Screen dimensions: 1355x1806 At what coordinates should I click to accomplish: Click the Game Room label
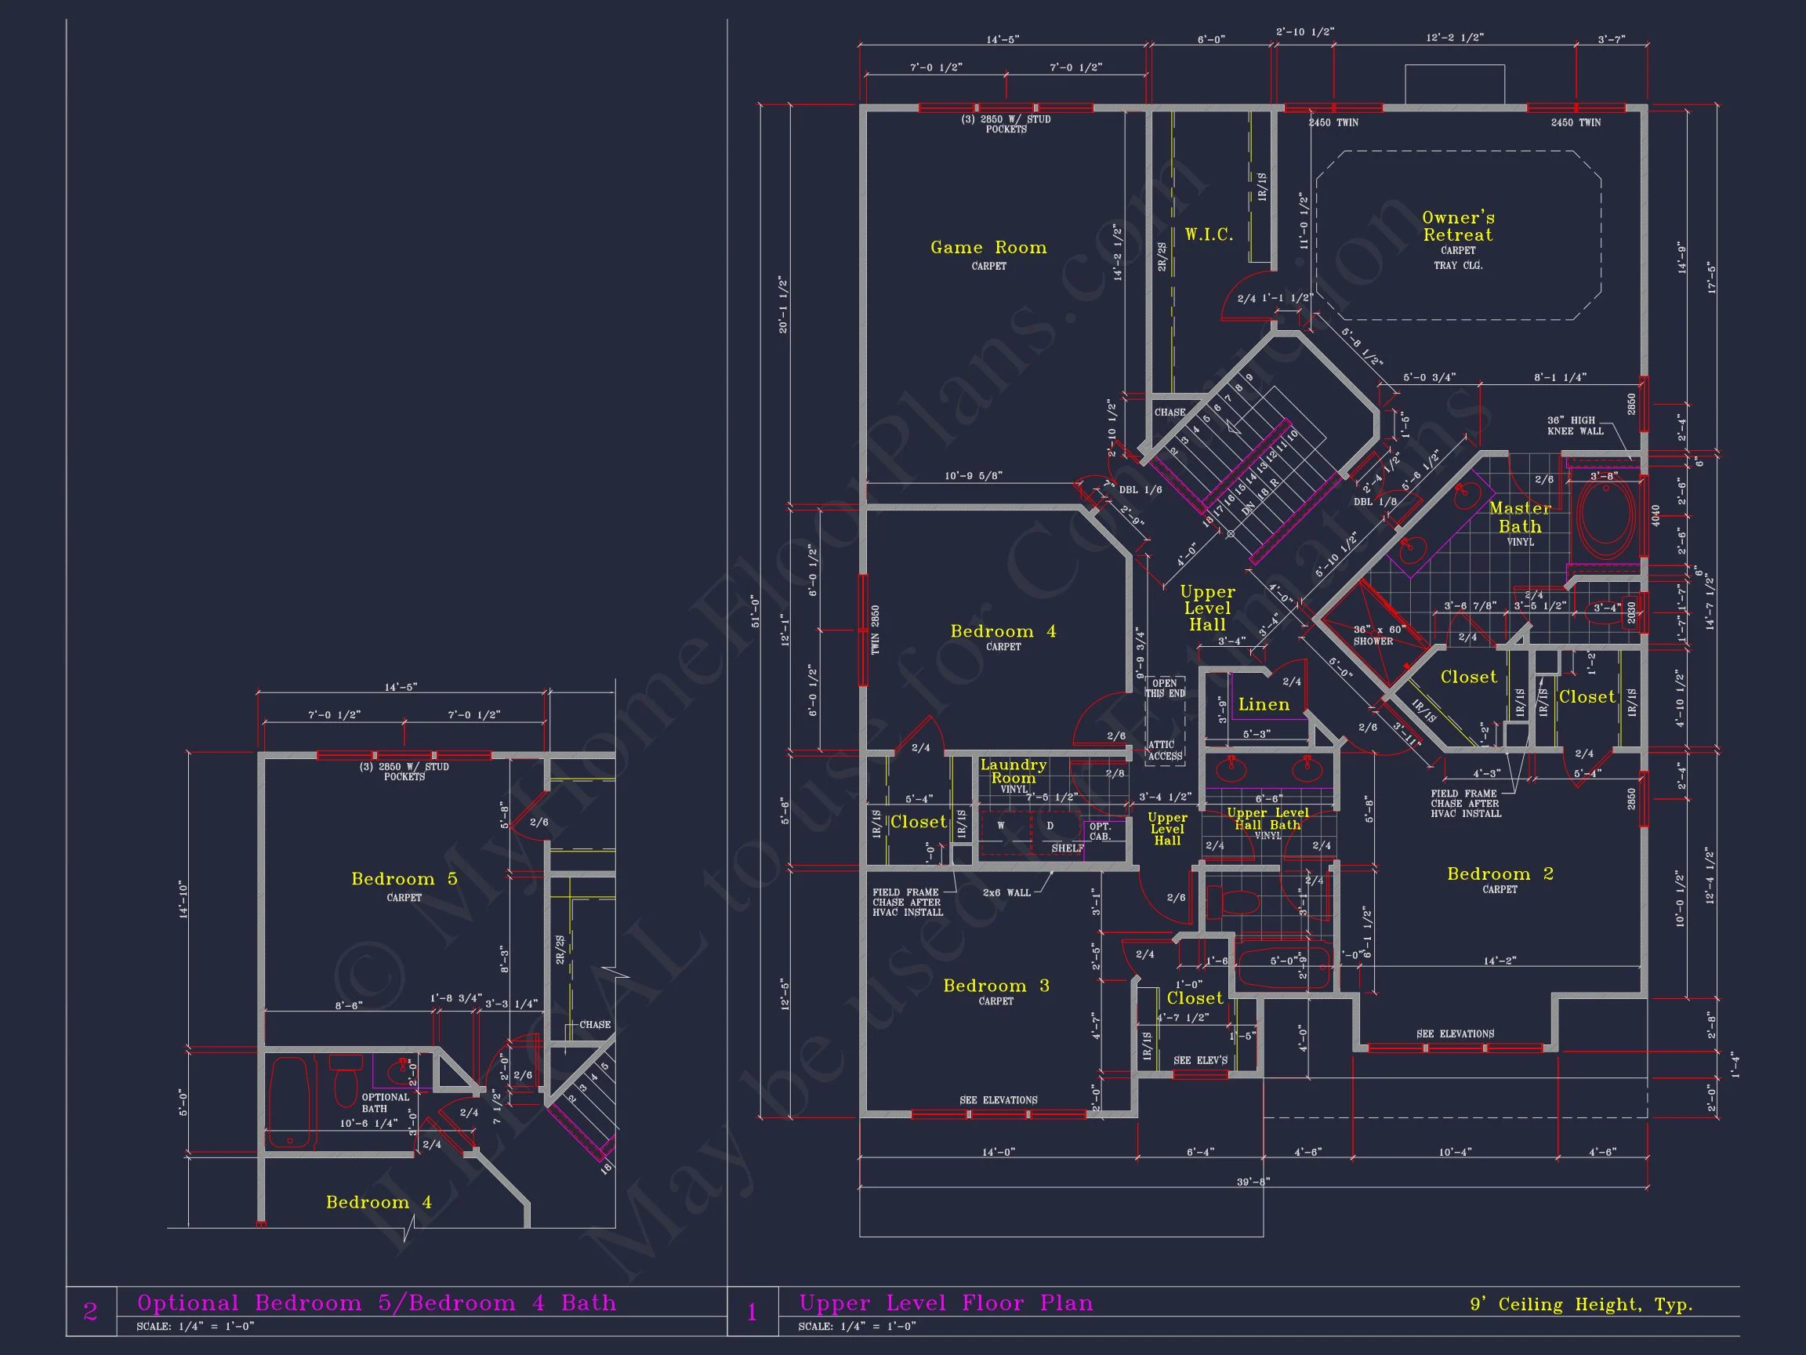[x=988, y=248]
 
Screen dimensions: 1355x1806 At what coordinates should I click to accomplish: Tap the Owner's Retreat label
[x=1457, y=227]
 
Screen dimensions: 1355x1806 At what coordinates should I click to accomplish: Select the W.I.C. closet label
[x=1209, y=235]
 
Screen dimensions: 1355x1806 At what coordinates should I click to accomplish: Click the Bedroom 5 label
[x=404, y=879]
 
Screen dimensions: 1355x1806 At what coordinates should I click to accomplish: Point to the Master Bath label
[x=1519, y=517]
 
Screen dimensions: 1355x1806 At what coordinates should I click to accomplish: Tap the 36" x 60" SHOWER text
[x=1379, y=635]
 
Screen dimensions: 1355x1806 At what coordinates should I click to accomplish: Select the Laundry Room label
[x=1014, y=771]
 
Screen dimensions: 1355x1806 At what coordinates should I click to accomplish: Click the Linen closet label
[x=1264, y=704]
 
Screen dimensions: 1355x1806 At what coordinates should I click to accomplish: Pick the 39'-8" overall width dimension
[x=1253, y=1181]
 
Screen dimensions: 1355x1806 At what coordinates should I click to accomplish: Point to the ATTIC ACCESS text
[x=1165, y=750]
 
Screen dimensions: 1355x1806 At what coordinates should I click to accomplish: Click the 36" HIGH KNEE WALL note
[x=1575, y=426]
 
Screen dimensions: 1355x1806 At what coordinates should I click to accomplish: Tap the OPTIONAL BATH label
[x=385, y=1103]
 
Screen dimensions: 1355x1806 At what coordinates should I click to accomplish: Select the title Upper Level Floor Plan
[x=945, y=1302]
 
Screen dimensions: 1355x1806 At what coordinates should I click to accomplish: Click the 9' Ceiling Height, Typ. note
[x=1581, y=1304]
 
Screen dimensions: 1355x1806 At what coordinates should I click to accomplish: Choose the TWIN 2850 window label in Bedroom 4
[x=876, y=630]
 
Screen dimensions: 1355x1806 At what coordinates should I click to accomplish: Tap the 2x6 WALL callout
[x=1006, y=892]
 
